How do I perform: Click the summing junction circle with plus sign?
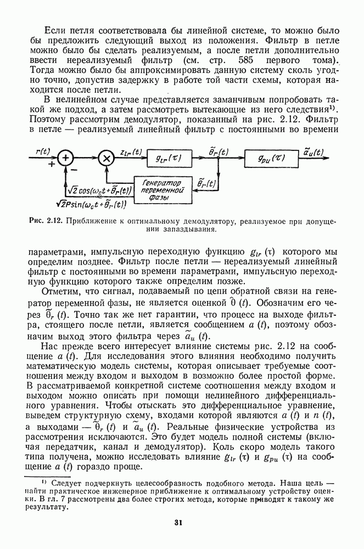(66, 158)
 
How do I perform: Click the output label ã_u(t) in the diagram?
(313, 151)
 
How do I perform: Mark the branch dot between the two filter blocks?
(219, 158)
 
